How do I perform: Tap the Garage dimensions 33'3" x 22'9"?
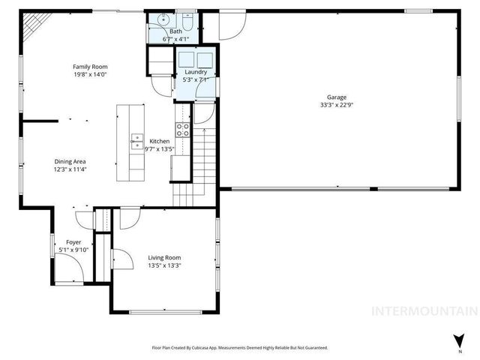click(336, 105)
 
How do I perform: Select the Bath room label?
click(176, 31)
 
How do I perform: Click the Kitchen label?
click(159, 141)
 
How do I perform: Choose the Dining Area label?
click(70, 161)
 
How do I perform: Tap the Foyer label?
click(73, 242)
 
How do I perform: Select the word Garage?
click(336, 97)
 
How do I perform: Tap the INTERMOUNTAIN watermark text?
click(425, 310)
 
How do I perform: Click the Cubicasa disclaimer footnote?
click(240, 348)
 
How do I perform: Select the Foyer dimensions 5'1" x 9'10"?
click(73, 250)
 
